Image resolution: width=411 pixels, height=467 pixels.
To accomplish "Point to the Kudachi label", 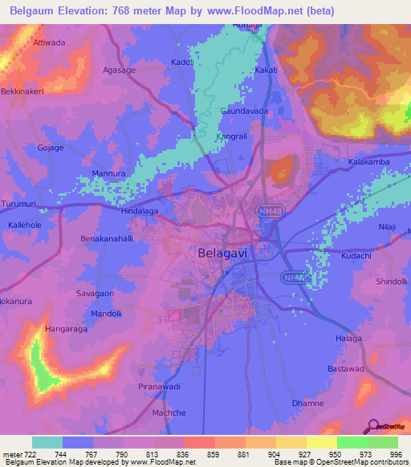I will [x=356, y=254].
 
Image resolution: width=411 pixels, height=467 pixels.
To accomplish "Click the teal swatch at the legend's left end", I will [x=47, y=442].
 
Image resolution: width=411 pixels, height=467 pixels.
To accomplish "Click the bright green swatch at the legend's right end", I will [x=382, y=442].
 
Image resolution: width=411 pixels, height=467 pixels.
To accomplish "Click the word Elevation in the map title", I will [x=89, y=11].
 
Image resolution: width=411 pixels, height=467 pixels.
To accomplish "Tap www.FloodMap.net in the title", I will [x=257, y=11].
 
